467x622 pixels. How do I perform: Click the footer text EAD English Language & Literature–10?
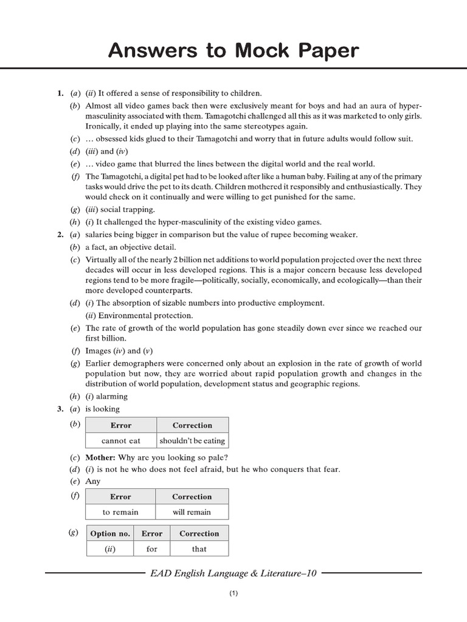(x=233, y=572)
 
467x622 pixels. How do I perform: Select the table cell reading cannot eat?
(x=121, y=440)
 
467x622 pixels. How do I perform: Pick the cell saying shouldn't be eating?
(x=192, y=440)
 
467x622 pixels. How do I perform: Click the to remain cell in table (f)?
(x=120, y=512)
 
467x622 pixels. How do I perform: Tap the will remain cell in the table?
(x=192, y=512)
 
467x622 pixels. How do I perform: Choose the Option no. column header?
(x=110, y=533)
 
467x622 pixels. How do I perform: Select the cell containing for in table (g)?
(x=151, y=549)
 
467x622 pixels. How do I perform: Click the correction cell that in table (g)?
(x=199, y=549)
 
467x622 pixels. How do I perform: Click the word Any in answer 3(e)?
(x=92, y=481)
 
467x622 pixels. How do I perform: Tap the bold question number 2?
(x=60, y=234)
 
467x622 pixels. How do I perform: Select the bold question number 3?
(x=60, y=409)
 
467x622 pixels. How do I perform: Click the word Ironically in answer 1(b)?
(x=103, y=126)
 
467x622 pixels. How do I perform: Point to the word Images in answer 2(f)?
(x=98, y=350)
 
